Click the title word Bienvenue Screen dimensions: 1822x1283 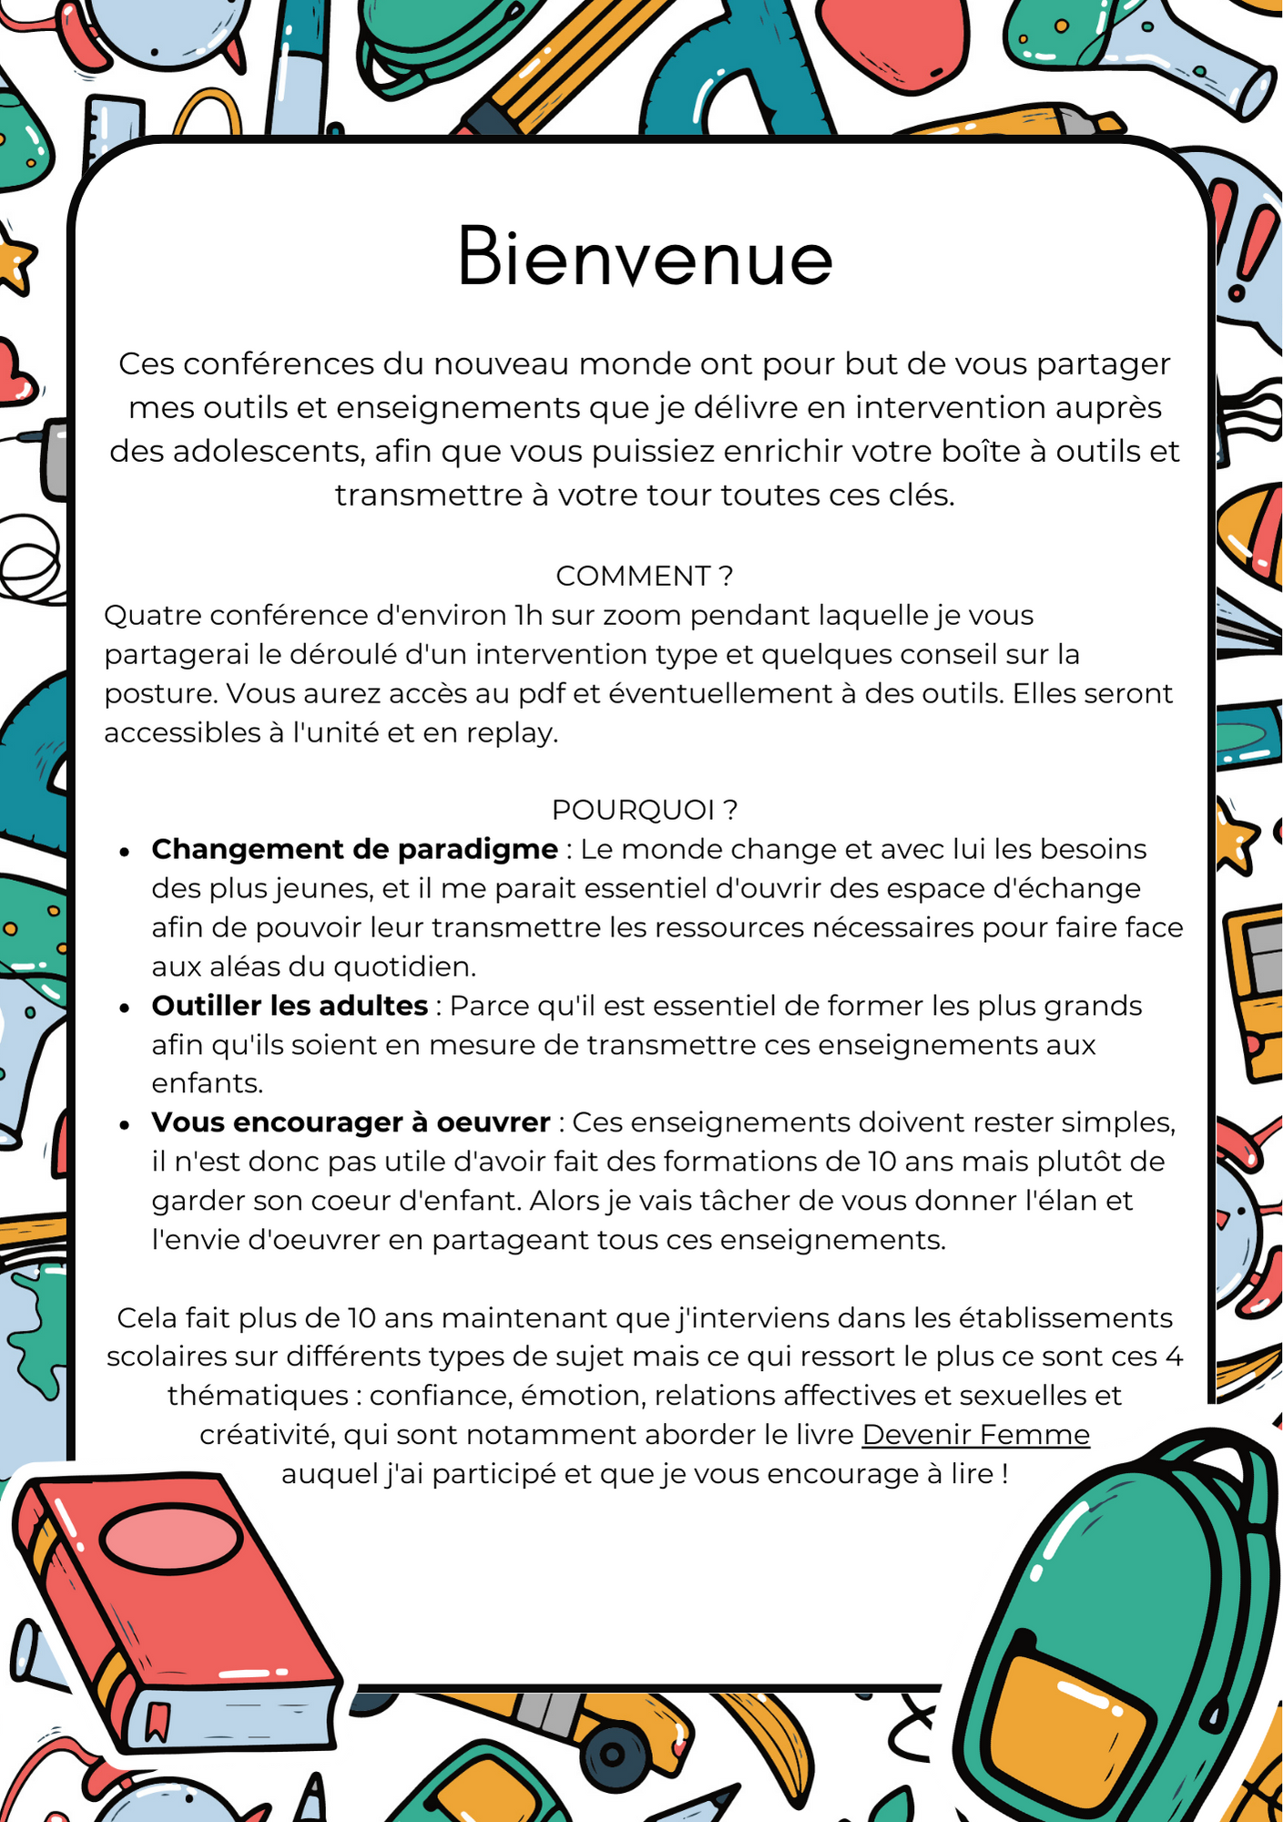(645, 258)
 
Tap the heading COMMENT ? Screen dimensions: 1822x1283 (644, 576)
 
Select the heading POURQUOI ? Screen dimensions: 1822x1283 (644, 809)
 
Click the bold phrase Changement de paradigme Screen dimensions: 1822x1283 (354, 849)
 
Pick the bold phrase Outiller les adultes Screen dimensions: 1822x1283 (290, 1006)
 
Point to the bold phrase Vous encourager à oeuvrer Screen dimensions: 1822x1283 (351, 1122)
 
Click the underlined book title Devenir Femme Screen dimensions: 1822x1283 (975, 1435)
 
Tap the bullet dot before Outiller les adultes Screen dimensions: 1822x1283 (125, 1008)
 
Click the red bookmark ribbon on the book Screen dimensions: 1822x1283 (157, 1718)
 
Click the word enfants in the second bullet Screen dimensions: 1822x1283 (207, 1083)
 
